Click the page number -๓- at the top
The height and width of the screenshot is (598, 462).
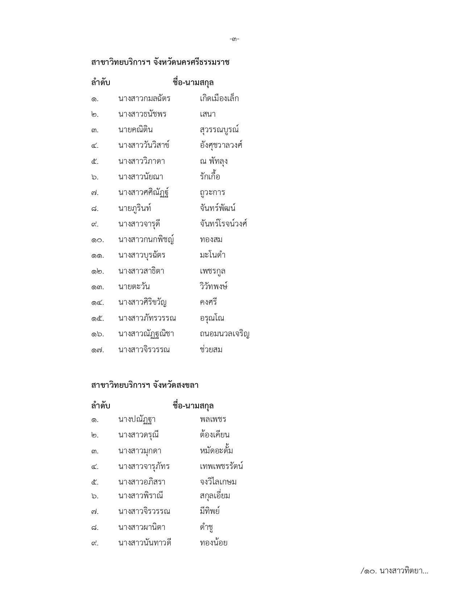click(x=234, y=39)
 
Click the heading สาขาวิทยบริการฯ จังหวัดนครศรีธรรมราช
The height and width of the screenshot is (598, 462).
click(x=160, y=62)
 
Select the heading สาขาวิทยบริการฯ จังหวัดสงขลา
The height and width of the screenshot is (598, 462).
click(x=145, y=385)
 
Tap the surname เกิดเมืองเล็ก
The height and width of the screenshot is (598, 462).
click(x=219, y=99)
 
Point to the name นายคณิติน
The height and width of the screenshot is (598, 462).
click(x=136, y=130)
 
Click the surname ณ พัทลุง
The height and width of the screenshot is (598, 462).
click(x=213, y=161)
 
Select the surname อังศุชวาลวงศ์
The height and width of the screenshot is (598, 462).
click(x=221, y=145)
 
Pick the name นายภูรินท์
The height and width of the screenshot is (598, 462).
click(x=134, y=208)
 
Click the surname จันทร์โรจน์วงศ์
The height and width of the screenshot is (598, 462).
click(x=223, y=224)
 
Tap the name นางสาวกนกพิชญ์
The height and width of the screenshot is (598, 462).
click(x=146, y=240)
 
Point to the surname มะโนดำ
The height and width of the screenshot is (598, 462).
click(x=212, y=255)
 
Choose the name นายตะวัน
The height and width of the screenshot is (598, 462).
click(x=134, y=287)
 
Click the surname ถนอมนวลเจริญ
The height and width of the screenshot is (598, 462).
click(x=224, y=334)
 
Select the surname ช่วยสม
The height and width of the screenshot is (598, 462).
click(x=211, y=350)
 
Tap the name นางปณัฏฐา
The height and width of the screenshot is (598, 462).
click(x=137, y=419)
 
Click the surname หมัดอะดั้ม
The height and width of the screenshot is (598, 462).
click(x=216, y=451)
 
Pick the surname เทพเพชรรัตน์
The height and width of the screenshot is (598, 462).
click(x=221, y=466)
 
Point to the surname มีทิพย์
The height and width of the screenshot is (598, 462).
click(x=209, y=511)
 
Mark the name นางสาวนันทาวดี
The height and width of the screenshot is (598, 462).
click(x=145, y=543)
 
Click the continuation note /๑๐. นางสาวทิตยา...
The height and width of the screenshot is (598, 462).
click(x=394, y=571)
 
